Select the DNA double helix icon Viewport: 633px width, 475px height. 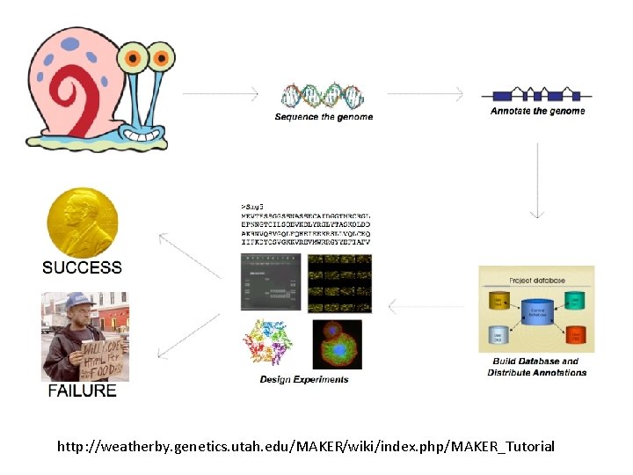[x=323, y=94]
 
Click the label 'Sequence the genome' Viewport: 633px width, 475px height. [x=324, y=117]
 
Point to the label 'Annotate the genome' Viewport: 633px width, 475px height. [x=537, y=112]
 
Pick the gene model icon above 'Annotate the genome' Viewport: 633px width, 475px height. [x=536, y=94]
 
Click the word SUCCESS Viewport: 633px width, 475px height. [x=83, y=267]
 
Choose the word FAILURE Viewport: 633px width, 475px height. [x=82, y=390]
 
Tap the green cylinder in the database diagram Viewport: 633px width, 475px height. [x=574, y=299]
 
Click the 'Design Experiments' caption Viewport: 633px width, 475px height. [x=304, y=380]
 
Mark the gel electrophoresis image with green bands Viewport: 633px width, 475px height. [x=271, y=281]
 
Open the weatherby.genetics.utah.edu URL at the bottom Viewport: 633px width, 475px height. [x=306, y=447]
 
